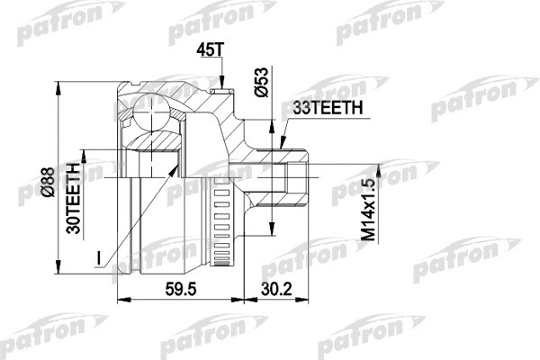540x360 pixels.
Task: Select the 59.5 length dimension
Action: point(182,291)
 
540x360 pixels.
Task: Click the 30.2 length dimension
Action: point(277,291)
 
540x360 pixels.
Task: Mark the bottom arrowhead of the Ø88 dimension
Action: point(51,271)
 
